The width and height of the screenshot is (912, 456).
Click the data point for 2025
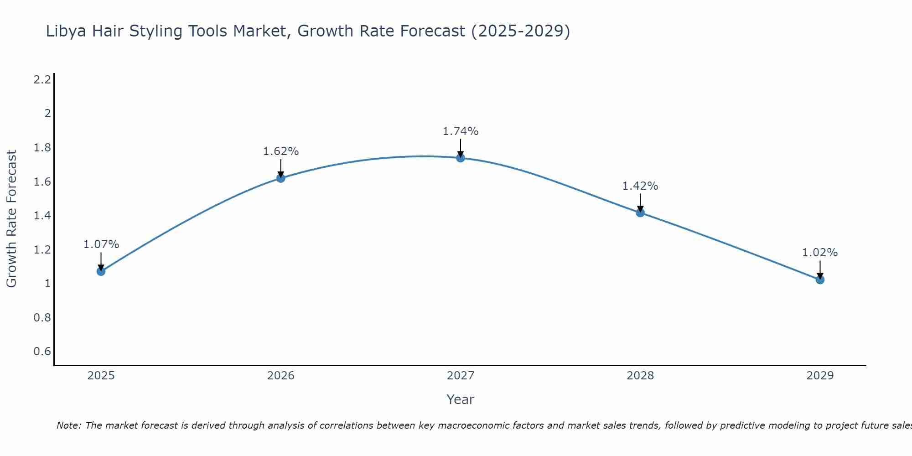click(101, 271)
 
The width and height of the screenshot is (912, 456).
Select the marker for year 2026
click(281, 178)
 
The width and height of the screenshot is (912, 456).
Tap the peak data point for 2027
click(461, 158)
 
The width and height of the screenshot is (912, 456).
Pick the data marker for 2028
click(640, 212)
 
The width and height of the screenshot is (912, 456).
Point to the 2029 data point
click(820, 280)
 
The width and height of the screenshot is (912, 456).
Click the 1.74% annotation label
click(461, 131)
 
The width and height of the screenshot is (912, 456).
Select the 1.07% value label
click(101, 244)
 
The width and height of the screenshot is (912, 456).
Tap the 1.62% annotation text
click(281, 151)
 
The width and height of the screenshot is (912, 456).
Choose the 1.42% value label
click(640, 186)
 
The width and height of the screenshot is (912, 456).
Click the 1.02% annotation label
click(820, 253)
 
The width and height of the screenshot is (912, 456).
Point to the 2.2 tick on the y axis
click(42, 80)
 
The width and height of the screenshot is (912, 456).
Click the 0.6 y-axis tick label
click(42, 352)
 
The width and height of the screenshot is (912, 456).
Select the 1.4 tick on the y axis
click(42, 216)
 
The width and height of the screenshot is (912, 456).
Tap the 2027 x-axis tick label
click(461, 376)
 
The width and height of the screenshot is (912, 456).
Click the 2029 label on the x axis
click(820, 376)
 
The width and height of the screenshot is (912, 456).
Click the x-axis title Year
click(461, 399)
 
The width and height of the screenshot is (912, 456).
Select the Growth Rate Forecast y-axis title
click(11, 219)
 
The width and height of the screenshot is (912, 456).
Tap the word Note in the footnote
click(68, 425)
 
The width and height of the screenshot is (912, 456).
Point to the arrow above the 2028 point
click(640, 202)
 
